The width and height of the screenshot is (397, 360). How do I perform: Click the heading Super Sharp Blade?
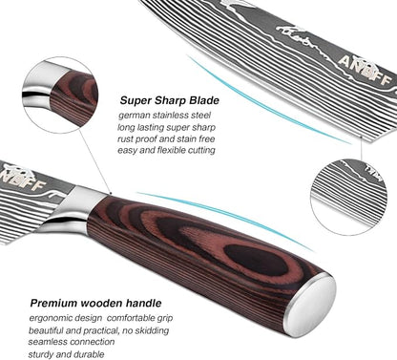(x=170, y=100)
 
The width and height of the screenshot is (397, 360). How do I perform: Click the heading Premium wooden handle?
(x=95, y=303)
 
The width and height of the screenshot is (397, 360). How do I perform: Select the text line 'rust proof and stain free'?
(x=166, y=139)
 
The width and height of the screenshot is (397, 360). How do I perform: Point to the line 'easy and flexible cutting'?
(x=166, y=150)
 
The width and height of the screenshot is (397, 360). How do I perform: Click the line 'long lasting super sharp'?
(x=166, y=127)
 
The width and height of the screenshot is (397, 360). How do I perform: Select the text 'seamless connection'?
(x=72, y=342)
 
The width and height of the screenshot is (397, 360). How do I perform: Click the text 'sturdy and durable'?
(x=66, y=354)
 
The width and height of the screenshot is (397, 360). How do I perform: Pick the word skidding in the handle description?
(x=152, y=330)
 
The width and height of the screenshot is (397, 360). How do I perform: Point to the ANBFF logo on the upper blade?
(x=365, y=69)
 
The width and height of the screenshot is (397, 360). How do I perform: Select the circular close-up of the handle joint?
(x=60, y=95)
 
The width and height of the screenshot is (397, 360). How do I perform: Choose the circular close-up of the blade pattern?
(x=348, y=198)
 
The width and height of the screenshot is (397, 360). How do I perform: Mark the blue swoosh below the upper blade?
(x=267, y=103)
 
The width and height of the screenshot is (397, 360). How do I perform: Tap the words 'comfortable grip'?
(x=140, y=318)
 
